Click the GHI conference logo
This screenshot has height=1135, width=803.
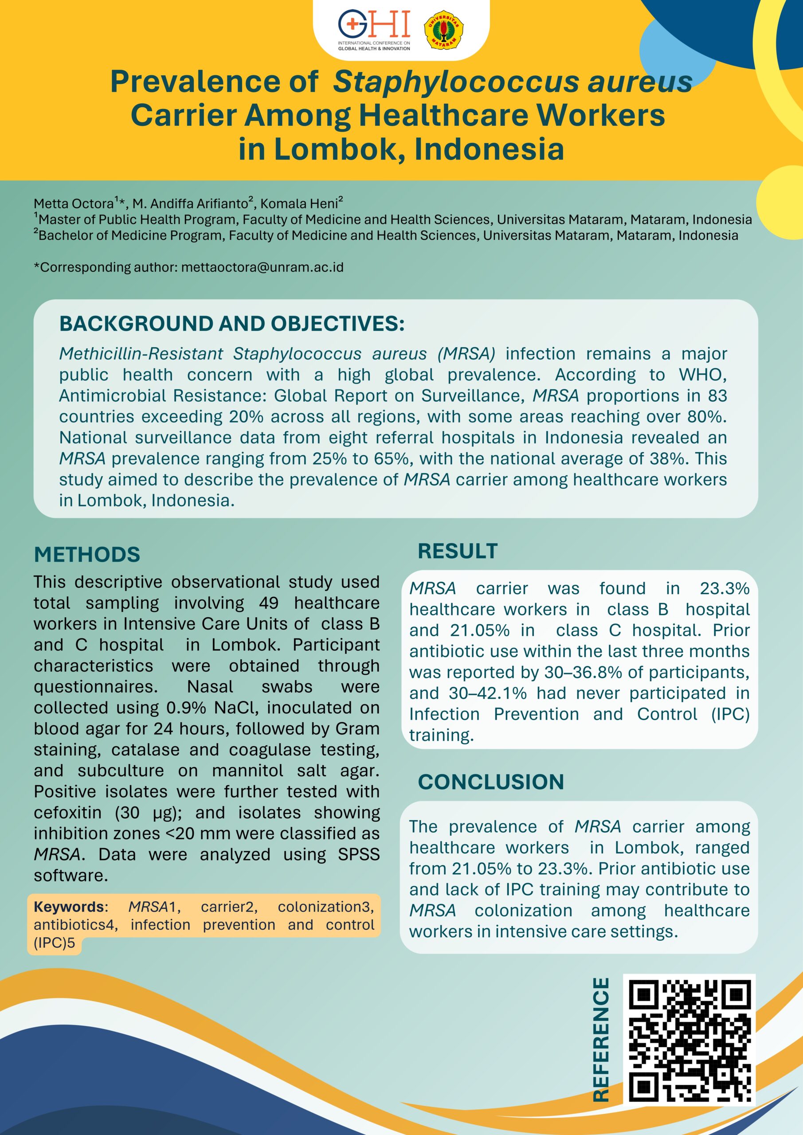[x=374, y=30]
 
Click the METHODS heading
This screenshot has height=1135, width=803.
[x=87, y=555]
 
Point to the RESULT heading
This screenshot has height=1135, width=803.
[x=458, y=551]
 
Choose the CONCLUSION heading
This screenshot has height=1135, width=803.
[x=491, y=782]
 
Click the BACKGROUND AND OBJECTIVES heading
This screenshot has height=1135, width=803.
[x=232, y=324]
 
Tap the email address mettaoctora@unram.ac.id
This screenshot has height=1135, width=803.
[x=262, y=267]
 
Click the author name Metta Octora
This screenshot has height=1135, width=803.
[x=73, y=204]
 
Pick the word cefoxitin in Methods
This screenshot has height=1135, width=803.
[x=67, y=813]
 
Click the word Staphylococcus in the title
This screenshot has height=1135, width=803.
[x=455, y=82]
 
